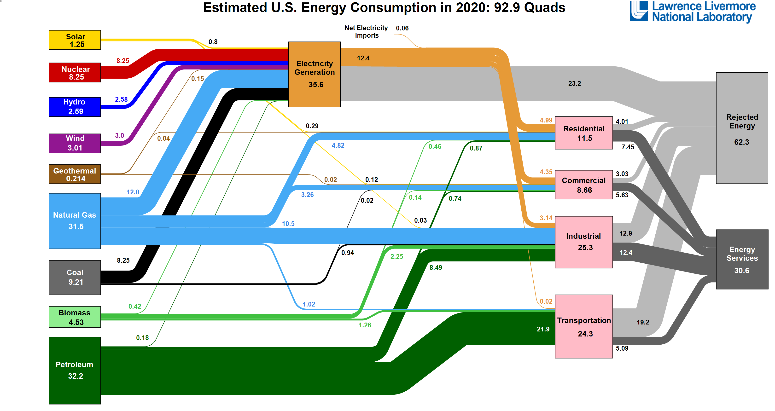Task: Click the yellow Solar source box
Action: point(75,40)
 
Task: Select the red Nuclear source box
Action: point(75,73)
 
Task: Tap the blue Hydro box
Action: point(75,107)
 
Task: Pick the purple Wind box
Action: point(75,143)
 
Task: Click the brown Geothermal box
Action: point(75,174)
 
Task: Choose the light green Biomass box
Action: point(75,317)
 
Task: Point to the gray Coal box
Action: point(75,278)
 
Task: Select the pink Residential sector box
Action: point(584,133)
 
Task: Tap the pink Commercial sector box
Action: point(584,185)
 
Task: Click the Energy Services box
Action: point(742,259)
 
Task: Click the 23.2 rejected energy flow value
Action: point(574,84)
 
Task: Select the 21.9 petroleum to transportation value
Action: point(543,329)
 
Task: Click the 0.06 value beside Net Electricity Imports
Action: point(402,28)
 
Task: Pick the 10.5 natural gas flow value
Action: point(288,224)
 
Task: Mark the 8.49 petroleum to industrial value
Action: point(436,267)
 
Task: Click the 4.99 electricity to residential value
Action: point(546,120)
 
